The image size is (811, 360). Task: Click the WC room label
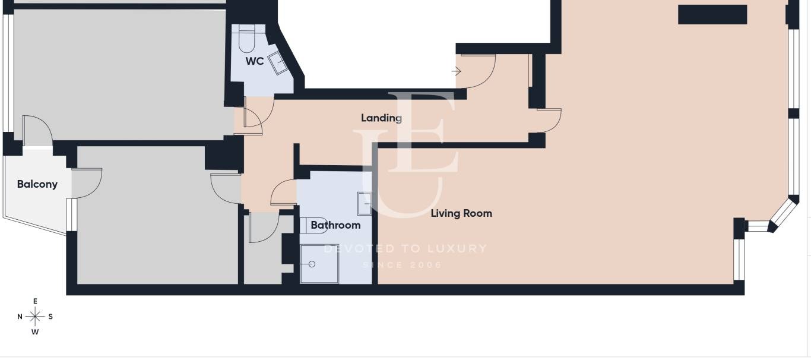(x=255, y=61)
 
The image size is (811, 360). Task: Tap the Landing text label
(x=381, y=118)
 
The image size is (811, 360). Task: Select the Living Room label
(x=461, y=213)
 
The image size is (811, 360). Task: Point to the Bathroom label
(x=335, y=225)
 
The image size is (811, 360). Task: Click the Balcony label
(x=37, y=184)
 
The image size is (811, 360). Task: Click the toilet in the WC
(x=247, y=39)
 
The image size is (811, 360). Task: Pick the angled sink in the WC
(x=278, y=63)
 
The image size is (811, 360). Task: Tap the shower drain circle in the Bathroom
(x=312, y=264)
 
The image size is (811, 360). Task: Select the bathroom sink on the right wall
(x=364, y=203)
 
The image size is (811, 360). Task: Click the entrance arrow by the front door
(x=456, y=71)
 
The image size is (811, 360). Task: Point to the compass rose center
(x=35, y=317)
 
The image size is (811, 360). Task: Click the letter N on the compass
(x=20, y=317)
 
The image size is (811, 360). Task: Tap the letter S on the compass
(x=50, y=317)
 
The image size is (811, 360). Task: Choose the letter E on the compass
(x=35, y=301)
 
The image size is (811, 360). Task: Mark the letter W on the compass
(x=35, y=331)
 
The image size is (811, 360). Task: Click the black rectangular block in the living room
(x=712, y=14)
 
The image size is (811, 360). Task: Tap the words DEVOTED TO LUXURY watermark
(x=405, y=248)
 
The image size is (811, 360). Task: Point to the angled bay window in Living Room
(x=784, y=214)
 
